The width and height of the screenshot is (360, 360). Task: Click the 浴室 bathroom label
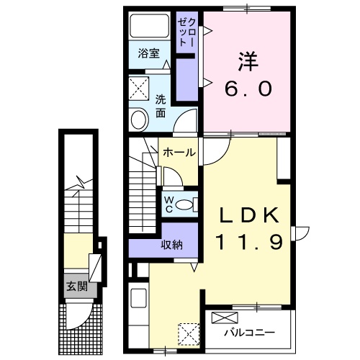[149, 53]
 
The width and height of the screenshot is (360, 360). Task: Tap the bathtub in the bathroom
[150, 25]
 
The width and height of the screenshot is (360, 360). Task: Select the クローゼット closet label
[186, 32]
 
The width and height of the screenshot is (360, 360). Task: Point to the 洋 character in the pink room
[248, 61]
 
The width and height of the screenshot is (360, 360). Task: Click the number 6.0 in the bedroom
[248, 88]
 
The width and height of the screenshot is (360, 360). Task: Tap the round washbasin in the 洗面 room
[139, 120]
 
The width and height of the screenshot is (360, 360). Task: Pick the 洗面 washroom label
[161, 107]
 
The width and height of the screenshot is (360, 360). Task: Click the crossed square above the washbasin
[139, 89]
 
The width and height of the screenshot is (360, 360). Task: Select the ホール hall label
[179, 152]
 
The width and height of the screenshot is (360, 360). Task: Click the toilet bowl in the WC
[184, 204]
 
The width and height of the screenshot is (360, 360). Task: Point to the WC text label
[169, 204]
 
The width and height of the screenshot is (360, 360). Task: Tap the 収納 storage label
[171, 245]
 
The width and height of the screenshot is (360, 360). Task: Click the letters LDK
[249, 215]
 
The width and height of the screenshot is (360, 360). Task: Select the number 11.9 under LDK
[249, 242]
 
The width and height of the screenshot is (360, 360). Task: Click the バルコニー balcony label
[249, 333]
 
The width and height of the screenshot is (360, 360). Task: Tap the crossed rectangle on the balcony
[225, 318]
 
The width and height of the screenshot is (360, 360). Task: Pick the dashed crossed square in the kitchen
[189, 334]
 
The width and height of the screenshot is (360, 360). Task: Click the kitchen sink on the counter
[138, 298]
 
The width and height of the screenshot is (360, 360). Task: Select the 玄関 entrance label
[77, 287]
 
